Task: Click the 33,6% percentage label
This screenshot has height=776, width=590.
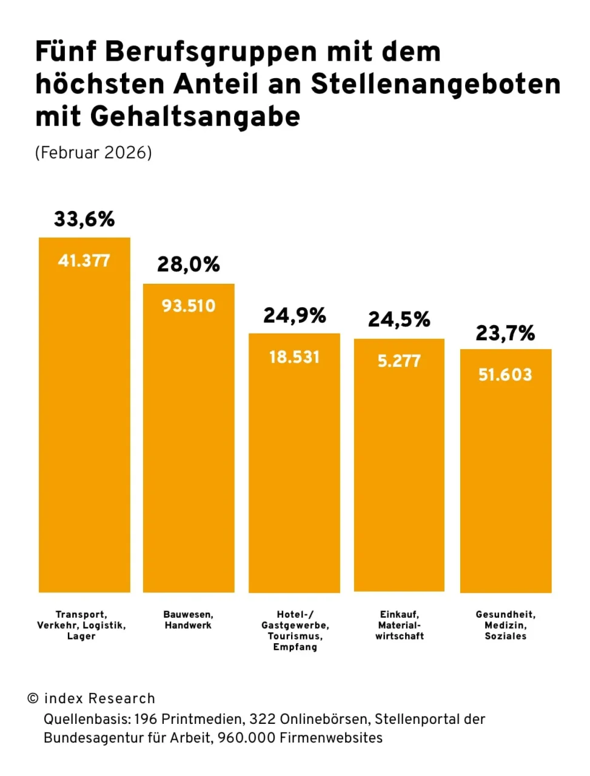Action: tap(84, 219)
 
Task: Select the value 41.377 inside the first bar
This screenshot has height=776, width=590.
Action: tap(84, 261)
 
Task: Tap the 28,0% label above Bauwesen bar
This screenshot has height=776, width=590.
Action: tap(189, 264)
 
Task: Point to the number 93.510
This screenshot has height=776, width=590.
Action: tap(189, 306)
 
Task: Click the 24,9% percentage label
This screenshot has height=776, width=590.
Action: tap(295, 315)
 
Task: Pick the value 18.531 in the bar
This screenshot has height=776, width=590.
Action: tap(295, 357)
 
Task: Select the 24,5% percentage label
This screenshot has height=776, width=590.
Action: tap(399, 319)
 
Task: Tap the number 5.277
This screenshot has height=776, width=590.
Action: tap(399, 361)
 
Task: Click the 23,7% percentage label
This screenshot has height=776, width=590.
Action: tap(505, 333)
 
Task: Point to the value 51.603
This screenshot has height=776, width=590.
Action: tap(505, 375)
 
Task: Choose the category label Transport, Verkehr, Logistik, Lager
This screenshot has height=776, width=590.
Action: tap(82, 625)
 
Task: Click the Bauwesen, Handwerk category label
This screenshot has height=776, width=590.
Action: tap(189, 620)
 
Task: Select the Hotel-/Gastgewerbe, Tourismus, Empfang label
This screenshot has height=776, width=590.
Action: tap(295, 630)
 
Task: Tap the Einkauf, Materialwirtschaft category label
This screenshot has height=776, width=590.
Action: tap(400, 625)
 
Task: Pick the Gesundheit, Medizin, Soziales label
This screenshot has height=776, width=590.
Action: tap(506, 625)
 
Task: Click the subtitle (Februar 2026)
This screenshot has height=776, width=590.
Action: tap(93, 152)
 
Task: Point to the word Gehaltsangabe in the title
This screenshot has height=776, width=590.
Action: tap(195, 116)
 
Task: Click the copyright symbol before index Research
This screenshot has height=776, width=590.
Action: tap(33, 698)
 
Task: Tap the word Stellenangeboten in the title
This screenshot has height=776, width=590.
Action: tap(436, 84)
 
